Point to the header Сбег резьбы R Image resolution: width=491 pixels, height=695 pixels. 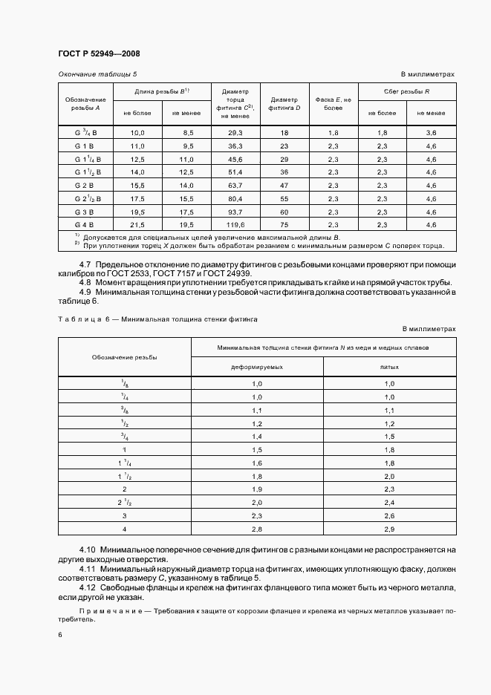[x=406, y=91]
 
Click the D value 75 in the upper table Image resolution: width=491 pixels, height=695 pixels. [x=284, y=224]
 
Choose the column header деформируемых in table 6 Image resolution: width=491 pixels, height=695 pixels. [x=257, y=367]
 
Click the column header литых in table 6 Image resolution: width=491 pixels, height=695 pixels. [x=388, y=367]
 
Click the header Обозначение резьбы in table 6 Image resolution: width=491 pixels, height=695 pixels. [x=124, y=357]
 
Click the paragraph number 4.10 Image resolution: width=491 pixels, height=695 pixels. [x=89, y=549]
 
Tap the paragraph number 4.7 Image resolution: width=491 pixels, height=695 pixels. [x=85, y=265]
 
